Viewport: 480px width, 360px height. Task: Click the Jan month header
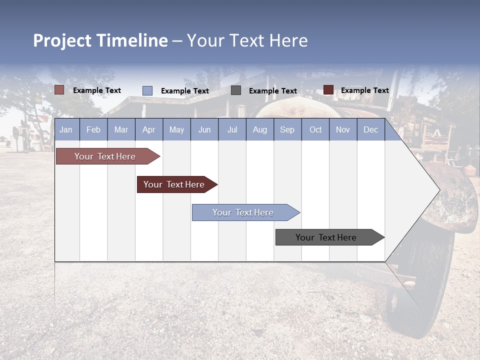[x=66, y=129]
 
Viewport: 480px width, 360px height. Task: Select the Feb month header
[x=93, y=129]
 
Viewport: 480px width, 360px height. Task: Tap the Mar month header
[x=121, y=129]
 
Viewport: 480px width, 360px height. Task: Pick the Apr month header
[x=148, y=129]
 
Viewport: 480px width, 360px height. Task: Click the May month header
[x=176, y=129]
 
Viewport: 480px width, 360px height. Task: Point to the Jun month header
[x=204, y=129]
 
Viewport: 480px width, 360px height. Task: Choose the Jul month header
[x=232, y=129]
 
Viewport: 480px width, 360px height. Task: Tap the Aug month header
[x=259, y=129]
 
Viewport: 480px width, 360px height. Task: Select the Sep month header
[x=287, y=129]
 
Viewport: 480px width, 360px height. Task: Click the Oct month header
[x=315, y=129]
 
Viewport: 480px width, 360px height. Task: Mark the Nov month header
[x=343, y=129]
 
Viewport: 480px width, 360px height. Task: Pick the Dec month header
[x=370, y=129]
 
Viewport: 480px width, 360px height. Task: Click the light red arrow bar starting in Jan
[x=105, y=156]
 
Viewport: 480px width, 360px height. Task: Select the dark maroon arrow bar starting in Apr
[x=174, y=184]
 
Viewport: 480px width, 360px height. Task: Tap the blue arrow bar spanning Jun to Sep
[x=243, y=212]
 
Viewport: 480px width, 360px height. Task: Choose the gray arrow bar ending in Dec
[x=326, y=237]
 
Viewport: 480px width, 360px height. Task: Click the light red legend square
[x=59, y=90]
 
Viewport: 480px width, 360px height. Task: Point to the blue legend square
[x=147, y=90]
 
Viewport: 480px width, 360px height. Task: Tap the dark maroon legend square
[x=328, y=90]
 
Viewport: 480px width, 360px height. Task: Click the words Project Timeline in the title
[x=100, y=40]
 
